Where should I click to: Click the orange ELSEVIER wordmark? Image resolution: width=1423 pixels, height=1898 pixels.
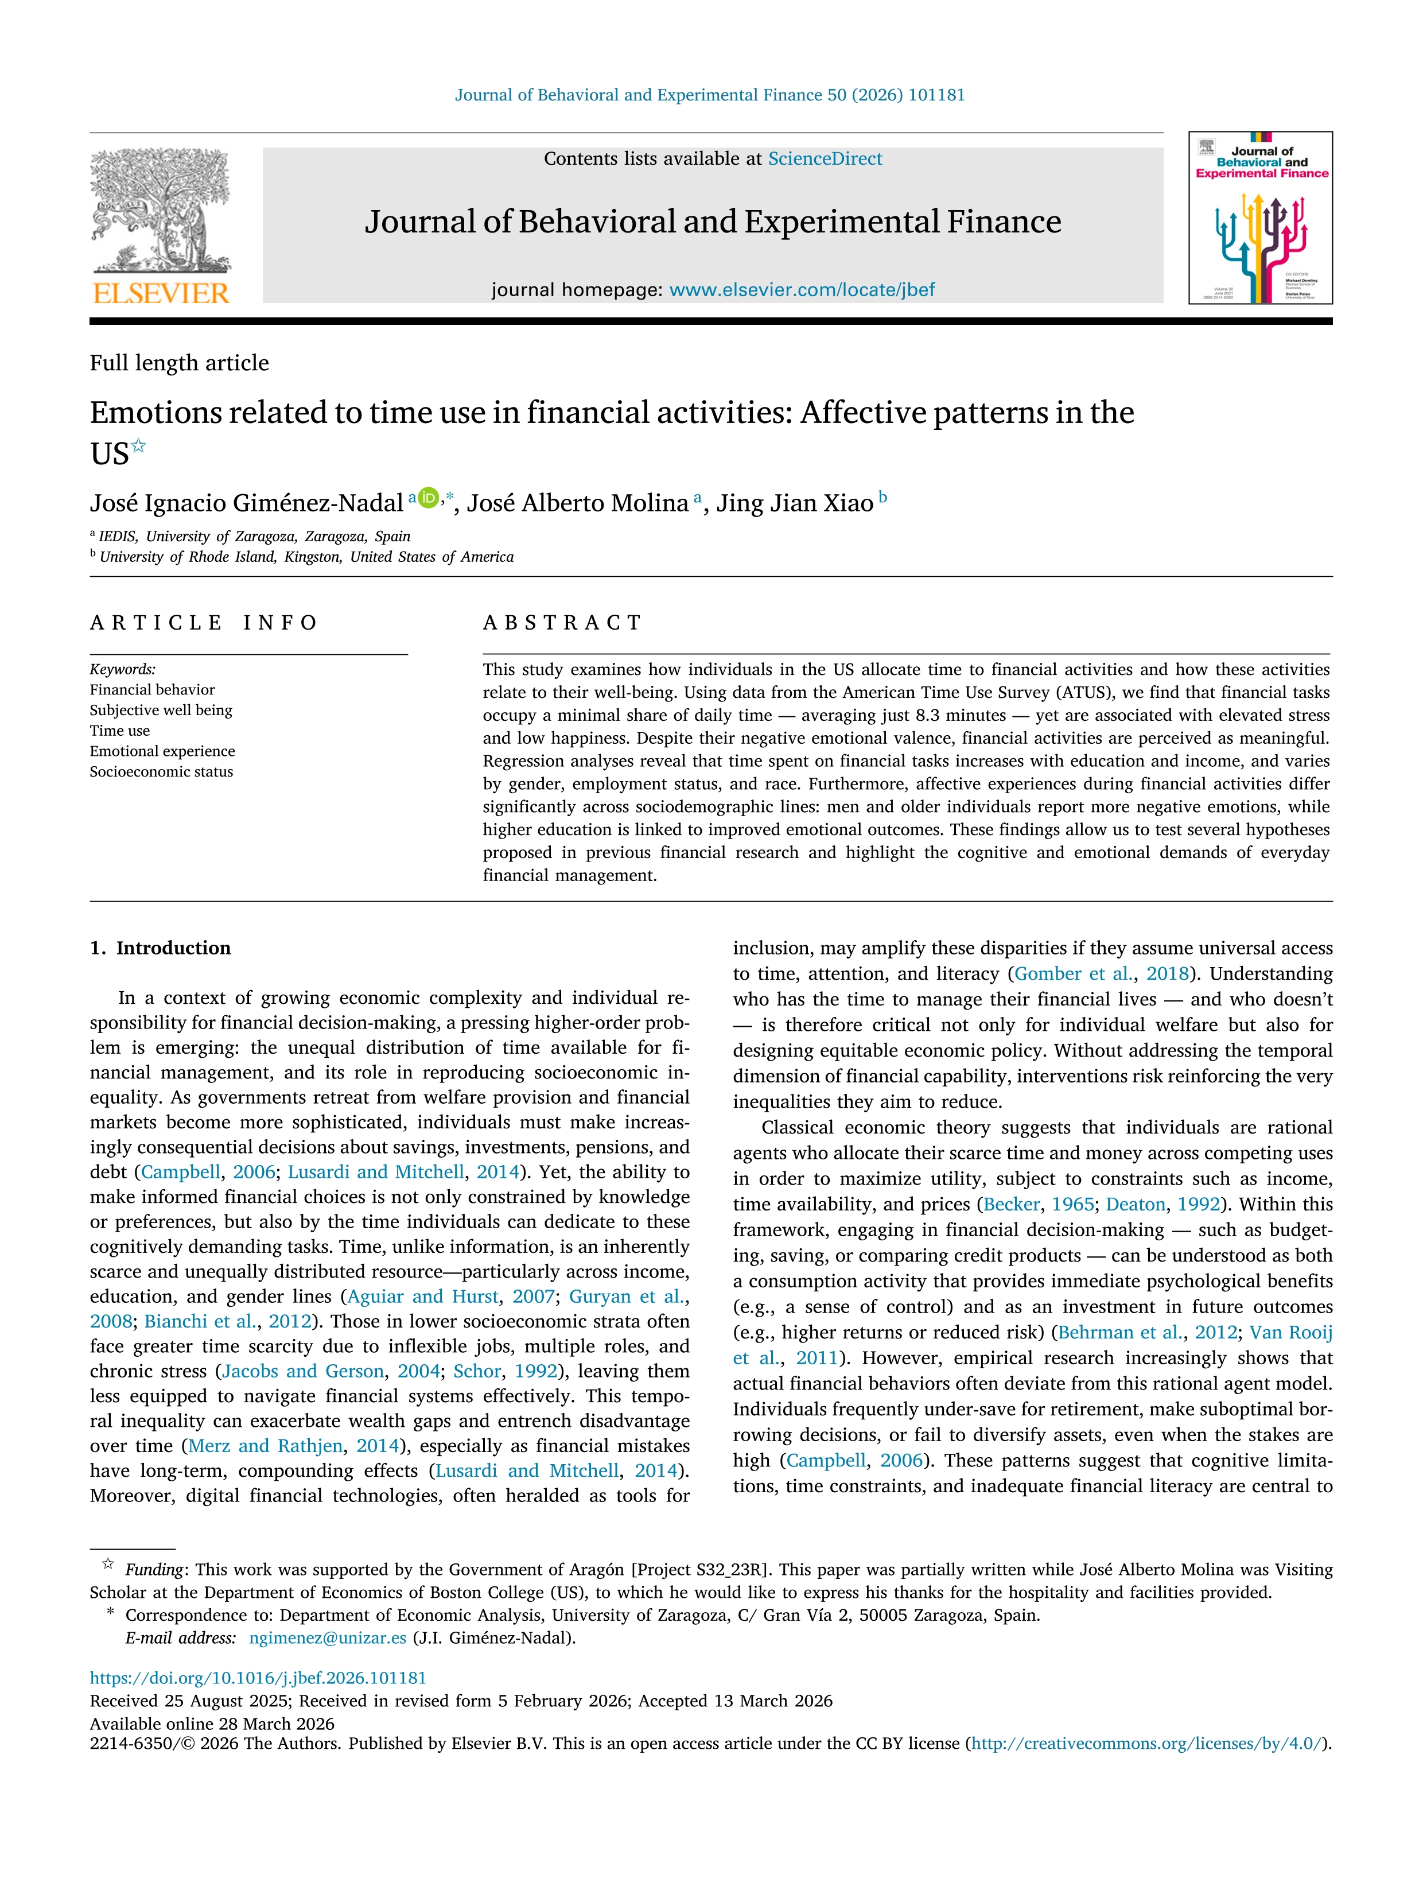pos(161,293)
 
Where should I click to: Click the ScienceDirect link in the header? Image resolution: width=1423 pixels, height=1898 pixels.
pos(825,159)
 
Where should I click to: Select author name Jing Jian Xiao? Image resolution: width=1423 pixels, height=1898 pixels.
pos(794,503)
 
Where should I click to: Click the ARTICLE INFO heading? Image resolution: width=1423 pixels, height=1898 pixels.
pos(203,623)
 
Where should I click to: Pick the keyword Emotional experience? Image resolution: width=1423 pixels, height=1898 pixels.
pos(162,751)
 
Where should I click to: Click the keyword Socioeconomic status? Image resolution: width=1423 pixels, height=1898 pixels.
pos(161,771)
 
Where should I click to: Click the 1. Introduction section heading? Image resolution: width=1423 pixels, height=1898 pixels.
pos(161,948)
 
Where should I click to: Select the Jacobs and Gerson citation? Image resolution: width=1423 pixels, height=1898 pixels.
pos(303,1371)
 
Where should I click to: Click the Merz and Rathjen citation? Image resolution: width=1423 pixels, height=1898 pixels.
pos(265,1446)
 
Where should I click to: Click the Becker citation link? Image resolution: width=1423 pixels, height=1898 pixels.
pos(1011,1205)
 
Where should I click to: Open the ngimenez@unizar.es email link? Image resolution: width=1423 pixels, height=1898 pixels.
pos(327,1637)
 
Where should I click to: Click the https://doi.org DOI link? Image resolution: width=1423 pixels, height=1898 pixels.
pos(257,1678)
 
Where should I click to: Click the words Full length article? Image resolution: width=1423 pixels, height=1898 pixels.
pos(179,363)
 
